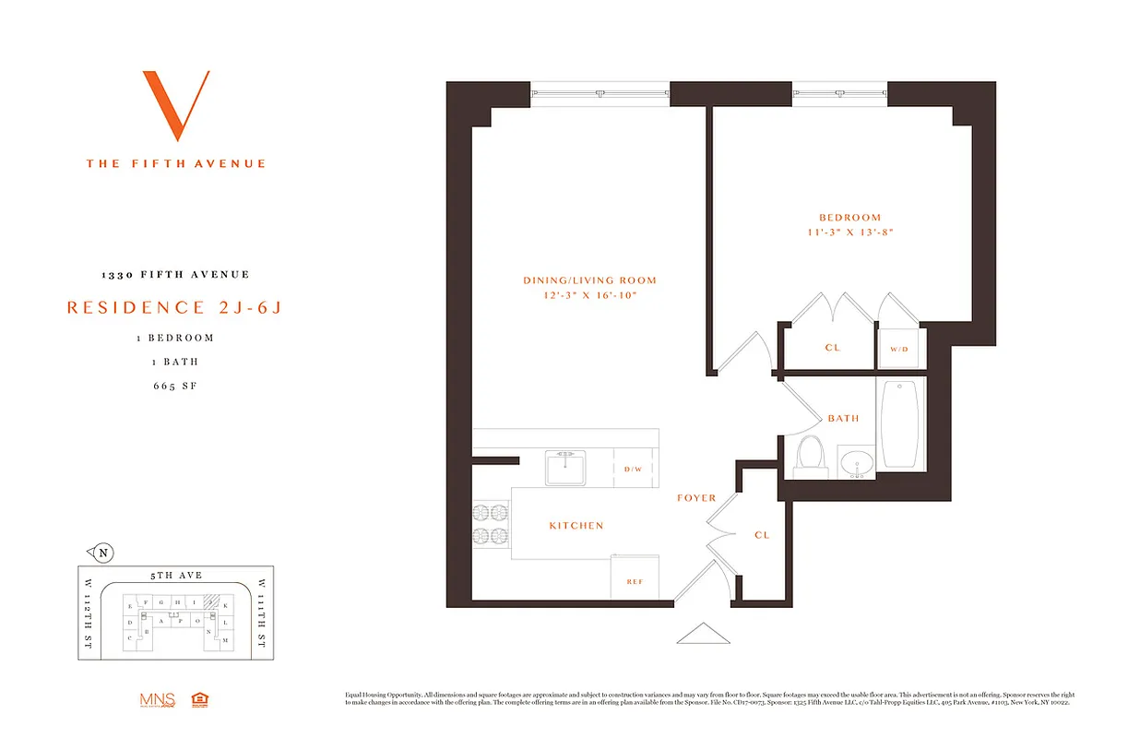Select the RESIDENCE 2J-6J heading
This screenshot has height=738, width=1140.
[174, 308]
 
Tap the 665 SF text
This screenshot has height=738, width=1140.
[175, 386]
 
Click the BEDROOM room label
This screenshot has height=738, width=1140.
[849, 218]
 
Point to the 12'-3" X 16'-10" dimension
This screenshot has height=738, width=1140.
[589, 295]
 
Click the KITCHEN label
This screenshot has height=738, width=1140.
[576, 526]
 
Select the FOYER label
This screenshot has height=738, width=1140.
[696, 498]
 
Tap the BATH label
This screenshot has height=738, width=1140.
[843, 418]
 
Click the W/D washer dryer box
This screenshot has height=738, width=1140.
[898, 350]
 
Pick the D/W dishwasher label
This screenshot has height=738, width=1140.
[633, 470]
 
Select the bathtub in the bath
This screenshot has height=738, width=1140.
[900, 424]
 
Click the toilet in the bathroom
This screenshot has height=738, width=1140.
[811, 458]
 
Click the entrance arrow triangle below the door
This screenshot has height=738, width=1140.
[703, 634]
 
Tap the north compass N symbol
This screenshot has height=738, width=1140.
[103, 553]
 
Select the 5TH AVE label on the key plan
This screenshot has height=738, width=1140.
[175, 576]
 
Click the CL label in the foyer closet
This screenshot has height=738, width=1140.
[762, 535]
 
